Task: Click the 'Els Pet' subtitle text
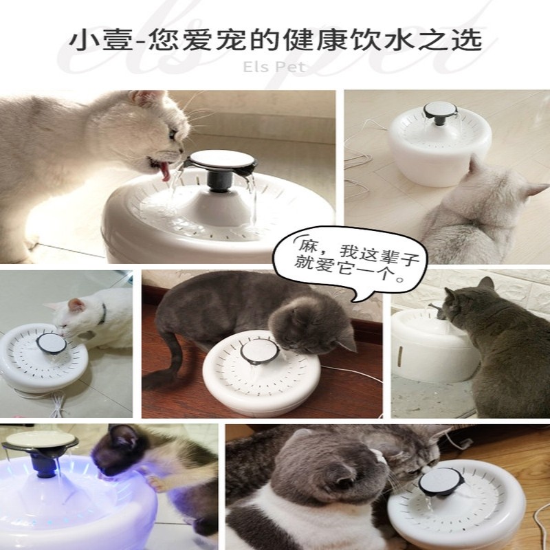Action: coord(274,67)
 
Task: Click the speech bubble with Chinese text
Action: coord(351,262)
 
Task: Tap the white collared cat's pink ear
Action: coord(76,305)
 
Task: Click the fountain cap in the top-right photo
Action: coord(440,110)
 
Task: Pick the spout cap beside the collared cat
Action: coord(52,343)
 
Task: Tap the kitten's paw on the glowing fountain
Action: coord(153,483)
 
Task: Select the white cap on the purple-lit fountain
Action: coord(41,439)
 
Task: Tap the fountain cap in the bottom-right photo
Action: coord(440,481)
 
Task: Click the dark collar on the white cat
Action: coord(102,313)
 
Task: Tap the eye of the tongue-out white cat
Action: coord(173,133)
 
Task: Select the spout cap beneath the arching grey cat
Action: coord(260,352)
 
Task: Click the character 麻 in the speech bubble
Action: coord(308,245)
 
